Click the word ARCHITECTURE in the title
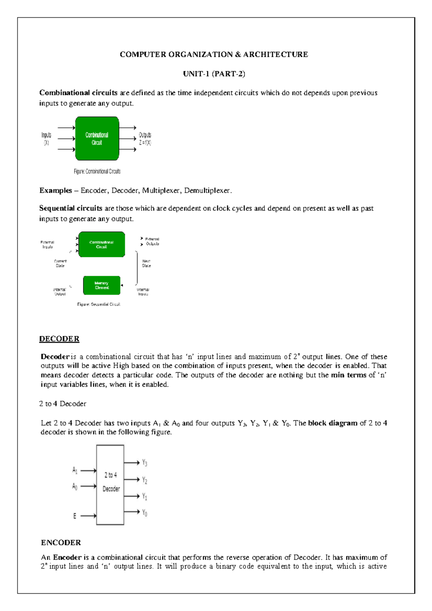[x=275, y=54]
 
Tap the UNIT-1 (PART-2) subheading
[x=214, y=74]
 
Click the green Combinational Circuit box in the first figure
[x=97, y=139]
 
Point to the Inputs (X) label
[x=46, y=139]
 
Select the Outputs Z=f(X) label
[x=145, y=139]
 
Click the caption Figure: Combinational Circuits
[x=97, y=171]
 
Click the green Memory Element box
[x=102, y=285]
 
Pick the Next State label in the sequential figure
[x=146, y=263]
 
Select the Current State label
[x=60, y=263]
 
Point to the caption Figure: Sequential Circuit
[x=99, y=304]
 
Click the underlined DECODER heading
[x=59, y=339]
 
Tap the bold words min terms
[x=348, y=375]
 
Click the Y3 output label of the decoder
[x=144, y=463]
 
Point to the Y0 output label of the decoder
[x=144, y=513]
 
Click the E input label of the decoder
[x=75, y=516]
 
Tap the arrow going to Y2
[x=131, y=479]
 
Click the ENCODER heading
[x=61, y=543]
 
